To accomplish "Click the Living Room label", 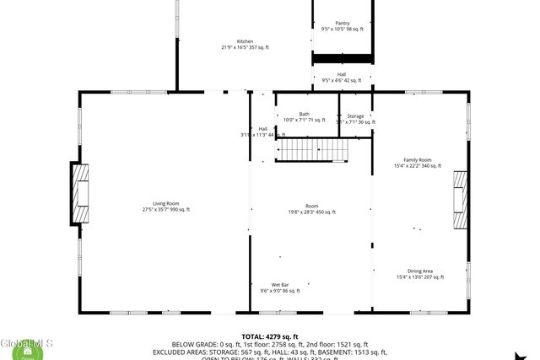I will (166, 203).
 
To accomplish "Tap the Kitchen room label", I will (245, 41).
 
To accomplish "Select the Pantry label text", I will (342, 24).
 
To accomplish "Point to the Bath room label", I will (304, 114).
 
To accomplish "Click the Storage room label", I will (355, 116).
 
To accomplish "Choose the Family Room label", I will (417, 160).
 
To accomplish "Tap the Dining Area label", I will (419, 271).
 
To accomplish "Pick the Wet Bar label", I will (281, 285).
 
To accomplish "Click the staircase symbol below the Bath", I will (314, 150).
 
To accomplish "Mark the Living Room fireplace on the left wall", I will (80, 193).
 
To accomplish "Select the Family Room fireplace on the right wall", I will (460, 200).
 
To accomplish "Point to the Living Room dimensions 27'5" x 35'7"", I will (166, 209).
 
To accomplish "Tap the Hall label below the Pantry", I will (342, 75).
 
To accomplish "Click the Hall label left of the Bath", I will (263, 128).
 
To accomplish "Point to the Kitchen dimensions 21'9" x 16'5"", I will (245, 48).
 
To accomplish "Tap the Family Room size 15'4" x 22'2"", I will (417, 166).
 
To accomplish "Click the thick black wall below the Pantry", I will (343, 57).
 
